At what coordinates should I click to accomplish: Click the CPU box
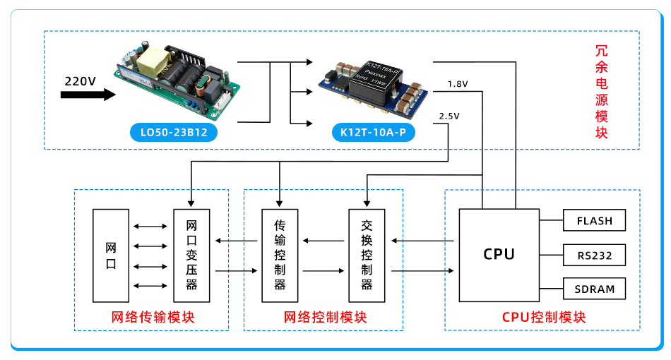coord(499,254)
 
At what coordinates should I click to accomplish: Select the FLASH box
coord(594,220)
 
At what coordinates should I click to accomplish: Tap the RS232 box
coord(594,255)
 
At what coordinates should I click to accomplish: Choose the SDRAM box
coord(594,289)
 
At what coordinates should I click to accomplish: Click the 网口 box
coord(111,256)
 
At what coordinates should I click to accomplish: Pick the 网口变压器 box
coord(191,256)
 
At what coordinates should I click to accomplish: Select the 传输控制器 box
coord(279,256)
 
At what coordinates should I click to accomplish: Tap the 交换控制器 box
coord(367,256)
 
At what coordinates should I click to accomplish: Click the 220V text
coord(80,80)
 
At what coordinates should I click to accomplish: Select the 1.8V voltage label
coord(458,84)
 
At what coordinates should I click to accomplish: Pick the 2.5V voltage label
coord(449,116)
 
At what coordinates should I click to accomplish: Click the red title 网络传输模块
coord(153,317)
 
